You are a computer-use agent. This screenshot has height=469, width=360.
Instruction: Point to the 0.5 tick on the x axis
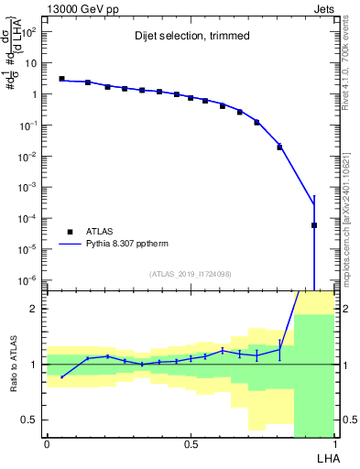pyautogui.click(x=191, y=442)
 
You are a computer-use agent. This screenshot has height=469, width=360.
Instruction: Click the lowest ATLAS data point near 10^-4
pyautogui.click(x=313, y=224)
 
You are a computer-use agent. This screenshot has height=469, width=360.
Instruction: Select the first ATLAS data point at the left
pyautogui.click(x=61, y=79)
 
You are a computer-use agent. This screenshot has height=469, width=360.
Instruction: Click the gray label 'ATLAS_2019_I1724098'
pyautogui.click(x=190, y=273)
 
